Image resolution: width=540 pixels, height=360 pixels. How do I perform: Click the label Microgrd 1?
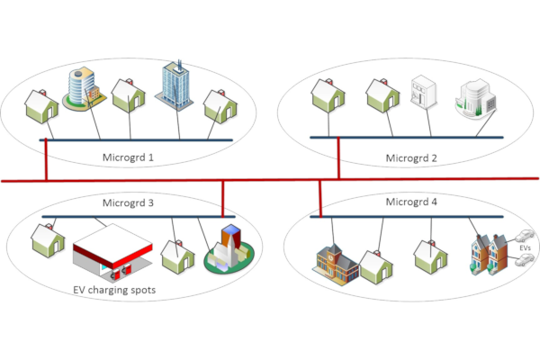(127, 158)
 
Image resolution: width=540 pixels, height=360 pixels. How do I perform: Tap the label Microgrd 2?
(411, 158)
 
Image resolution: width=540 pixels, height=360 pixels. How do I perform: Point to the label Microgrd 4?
(410, 202)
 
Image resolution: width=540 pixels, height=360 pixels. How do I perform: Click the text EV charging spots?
(114, 291)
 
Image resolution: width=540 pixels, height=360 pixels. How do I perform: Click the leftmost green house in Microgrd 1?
(40, 105)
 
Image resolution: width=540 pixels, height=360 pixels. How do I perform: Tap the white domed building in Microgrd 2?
(474, 100)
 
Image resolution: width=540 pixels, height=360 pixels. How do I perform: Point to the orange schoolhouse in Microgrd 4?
(336, 260)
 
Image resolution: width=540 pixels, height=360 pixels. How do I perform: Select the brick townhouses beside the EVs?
(483, 254)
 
